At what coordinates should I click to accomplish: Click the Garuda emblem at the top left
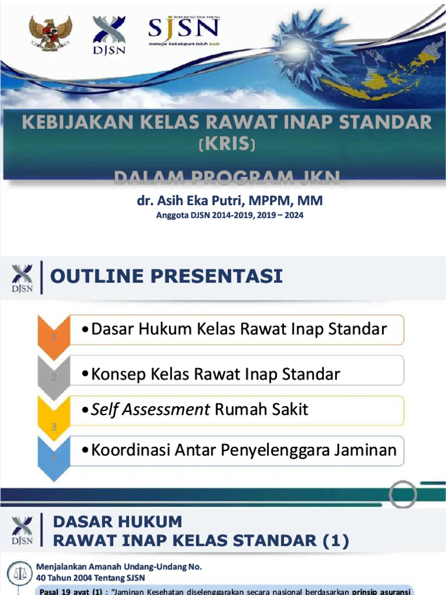tap(51, 33)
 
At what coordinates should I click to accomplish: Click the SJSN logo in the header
tap(183, 29)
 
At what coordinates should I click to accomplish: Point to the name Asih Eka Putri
tap(198, 201)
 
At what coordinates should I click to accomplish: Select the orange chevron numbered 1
tap(53, 337)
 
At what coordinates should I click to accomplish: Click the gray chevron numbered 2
tap(53, 377)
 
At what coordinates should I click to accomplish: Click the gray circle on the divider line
tap(402, 494)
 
